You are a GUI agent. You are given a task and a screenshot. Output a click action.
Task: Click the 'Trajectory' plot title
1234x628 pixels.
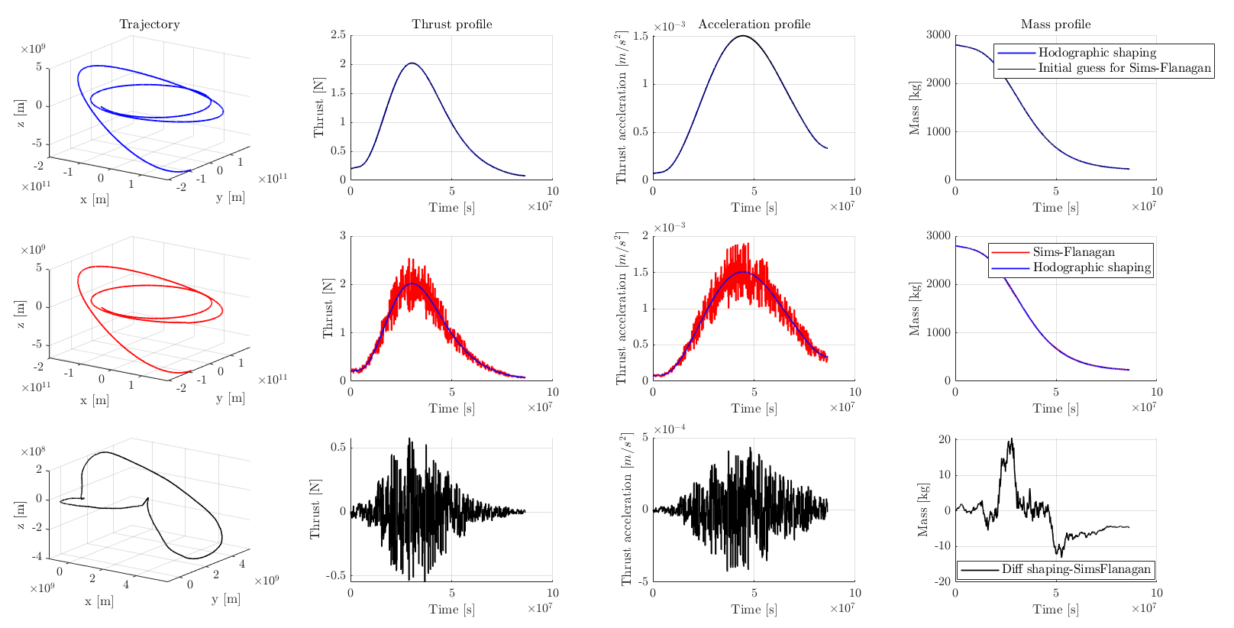coord(150,24)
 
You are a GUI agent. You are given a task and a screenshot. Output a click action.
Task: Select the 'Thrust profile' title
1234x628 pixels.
coord(452,24)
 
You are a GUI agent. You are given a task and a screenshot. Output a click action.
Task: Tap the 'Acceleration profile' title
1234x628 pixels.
coord(754,24)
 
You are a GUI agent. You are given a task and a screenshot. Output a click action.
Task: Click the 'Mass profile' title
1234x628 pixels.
coord(1056,24)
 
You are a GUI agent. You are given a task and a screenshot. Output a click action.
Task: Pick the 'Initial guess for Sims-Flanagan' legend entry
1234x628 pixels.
coord(1124,68)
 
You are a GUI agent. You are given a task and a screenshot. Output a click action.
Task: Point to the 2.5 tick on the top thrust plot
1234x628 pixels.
coord(337,35)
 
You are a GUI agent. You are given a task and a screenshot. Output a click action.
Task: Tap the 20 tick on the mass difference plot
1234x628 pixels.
coord(944,439)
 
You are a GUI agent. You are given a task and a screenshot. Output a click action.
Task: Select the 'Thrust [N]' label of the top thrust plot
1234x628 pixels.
coord(319,108)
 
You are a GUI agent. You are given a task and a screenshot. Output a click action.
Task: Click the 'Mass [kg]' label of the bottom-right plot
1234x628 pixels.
coord(922,509)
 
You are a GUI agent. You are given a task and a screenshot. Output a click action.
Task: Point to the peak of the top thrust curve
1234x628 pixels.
coord(412,63)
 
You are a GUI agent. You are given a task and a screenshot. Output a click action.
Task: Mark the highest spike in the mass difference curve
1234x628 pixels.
coord(1012,439)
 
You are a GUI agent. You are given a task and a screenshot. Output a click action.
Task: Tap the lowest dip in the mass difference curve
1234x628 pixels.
coord(1061,556)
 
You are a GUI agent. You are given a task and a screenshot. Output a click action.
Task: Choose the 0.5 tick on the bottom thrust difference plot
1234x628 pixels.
coord(337,448)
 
